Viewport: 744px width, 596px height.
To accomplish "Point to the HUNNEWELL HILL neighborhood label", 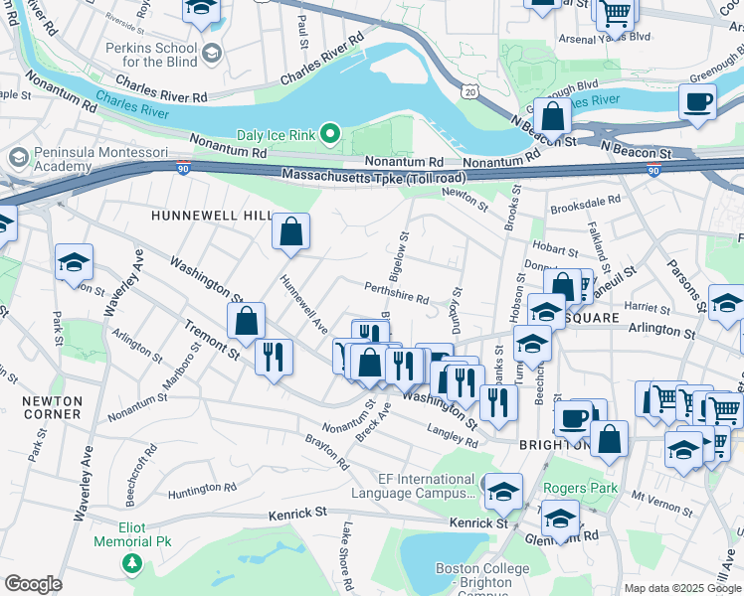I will coord(197,215).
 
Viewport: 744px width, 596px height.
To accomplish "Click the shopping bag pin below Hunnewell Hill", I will coord(291,232).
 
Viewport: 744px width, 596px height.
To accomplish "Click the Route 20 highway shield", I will coord(467,90).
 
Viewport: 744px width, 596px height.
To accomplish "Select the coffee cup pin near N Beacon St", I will coord(698,101).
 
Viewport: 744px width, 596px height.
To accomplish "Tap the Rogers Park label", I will coord(580,489).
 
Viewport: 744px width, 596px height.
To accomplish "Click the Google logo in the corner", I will coord(33,583).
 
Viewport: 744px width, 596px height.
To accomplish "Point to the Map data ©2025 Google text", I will coord(682,588).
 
